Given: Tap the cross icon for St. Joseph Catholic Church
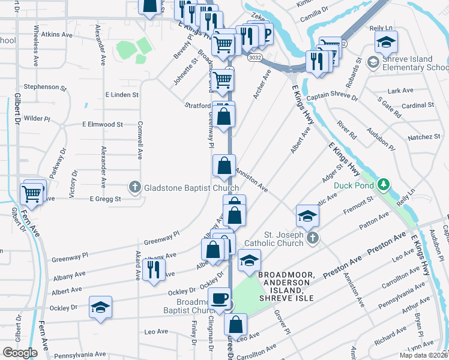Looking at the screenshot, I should (311, 239).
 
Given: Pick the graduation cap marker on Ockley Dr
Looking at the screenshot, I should (100, 307).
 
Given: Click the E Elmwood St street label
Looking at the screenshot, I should (102, 125).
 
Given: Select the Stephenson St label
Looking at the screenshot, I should (44, 87).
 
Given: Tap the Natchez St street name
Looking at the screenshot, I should (424, 137).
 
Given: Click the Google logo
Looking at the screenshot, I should (20, 352).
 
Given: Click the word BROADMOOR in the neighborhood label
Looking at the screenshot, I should (286, 275).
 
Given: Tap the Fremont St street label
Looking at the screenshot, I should (358, 212).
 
